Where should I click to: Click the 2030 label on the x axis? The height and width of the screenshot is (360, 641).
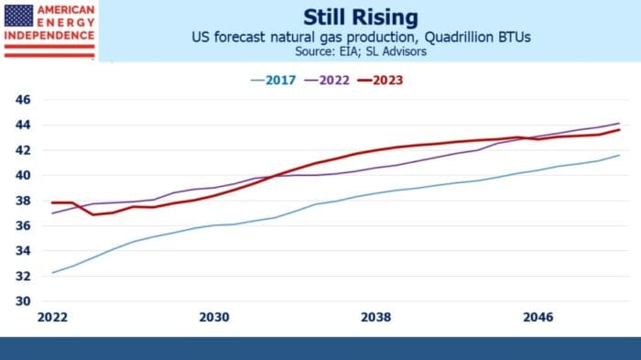pyautogui.click(x=213, y=317)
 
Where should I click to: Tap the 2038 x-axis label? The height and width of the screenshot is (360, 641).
pyautogui.click(x=376, y=317)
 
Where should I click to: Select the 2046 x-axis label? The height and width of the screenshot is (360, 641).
pyautogui.click(x=538, y=317)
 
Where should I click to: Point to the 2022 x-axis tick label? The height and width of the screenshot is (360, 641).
pyautogui.click(x=51, y=317)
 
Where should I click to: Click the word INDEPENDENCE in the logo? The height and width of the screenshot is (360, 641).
pyautogui.click(x=49, y=38)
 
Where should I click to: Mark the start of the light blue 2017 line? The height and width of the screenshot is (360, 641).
pyautogui.click(x=51, y=273)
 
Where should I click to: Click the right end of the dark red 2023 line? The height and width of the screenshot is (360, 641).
pyautogui.click(x=620, y=129)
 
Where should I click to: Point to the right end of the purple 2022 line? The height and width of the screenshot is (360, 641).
pyautogui.click(x=620, y=123)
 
